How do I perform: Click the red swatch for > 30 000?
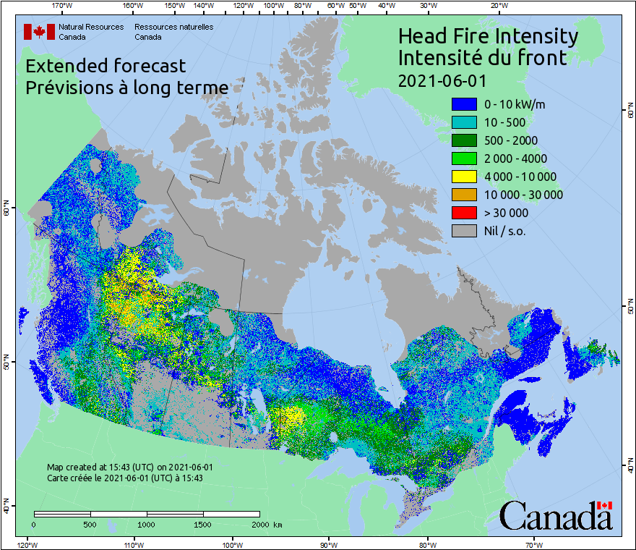click(464, 213)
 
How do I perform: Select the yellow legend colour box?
click(464, 177)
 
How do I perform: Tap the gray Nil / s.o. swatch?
click(464, 231)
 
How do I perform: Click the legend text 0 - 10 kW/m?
click(515, 104)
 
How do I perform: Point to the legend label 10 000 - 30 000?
click(523, 195)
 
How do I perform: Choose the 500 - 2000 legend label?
click(511, 140)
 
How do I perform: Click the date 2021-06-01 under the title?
click(442, 79)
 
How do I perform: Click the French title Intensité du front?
click(483, 57)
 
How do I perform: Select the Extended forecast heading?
click(106, 66)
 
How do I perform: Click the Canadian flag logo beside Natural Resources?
click(39, 32)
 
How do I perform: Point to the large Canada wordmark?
click(556, 515)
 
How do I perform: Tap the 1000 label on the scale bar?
click(147, 524)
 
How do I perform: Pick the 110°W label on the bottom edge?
click(132, 544)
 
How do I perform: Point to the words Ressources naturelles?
click(173, 27)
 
